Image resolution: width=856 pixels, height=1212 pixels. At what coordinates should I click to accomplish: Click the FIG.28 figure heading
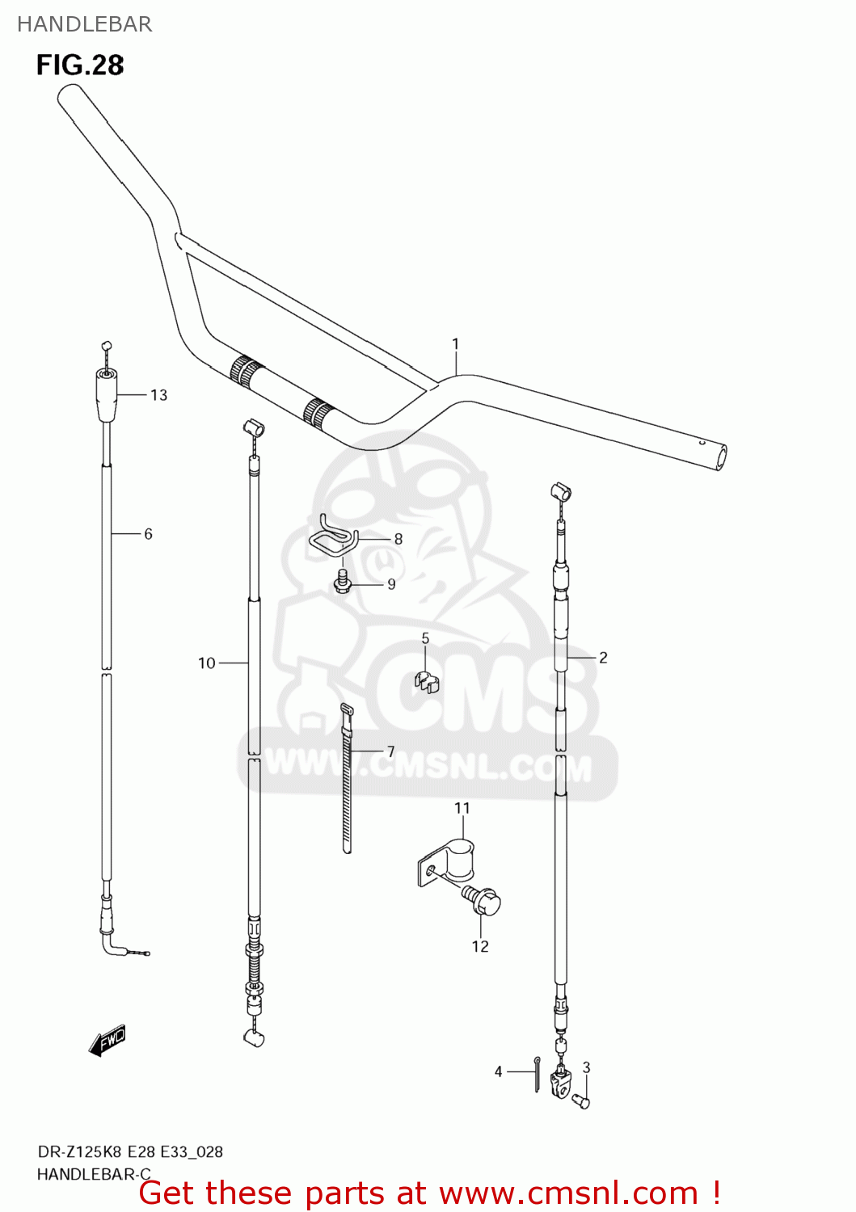point(80,65)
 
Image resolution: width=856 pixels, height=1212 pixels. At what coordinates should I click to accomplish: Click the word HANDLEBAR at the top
point(84,24)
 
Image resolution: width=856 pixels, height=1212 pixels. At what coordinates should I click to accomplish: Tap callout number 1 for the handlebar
point(455,344)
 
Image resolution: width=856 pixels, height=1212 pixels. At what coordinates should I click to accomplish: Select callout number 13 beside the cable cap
point(158,395)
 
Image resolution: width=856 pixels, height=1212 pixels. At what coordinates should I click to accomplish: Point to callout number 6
point(148,534)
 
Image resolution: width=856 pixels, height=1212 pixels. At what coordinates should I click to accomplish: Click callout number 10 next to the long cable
point(207,663)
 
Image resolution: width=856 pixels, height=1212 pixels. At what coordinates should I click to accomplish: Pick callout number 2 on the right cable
point(603,658)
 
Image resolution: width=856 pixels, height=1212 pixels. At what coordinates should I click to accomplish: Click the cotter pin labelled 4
point(537,1074)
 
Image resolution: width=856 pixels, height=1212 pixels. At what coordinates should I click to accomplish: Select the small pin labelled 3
point(581,1100)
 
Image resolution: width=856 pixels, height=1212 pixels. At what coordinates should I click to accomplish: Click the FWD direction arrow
point(108,1041)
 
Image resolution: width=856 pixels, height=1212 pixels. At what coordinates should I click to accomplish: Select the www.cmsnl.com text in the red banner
point(568,1193)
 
